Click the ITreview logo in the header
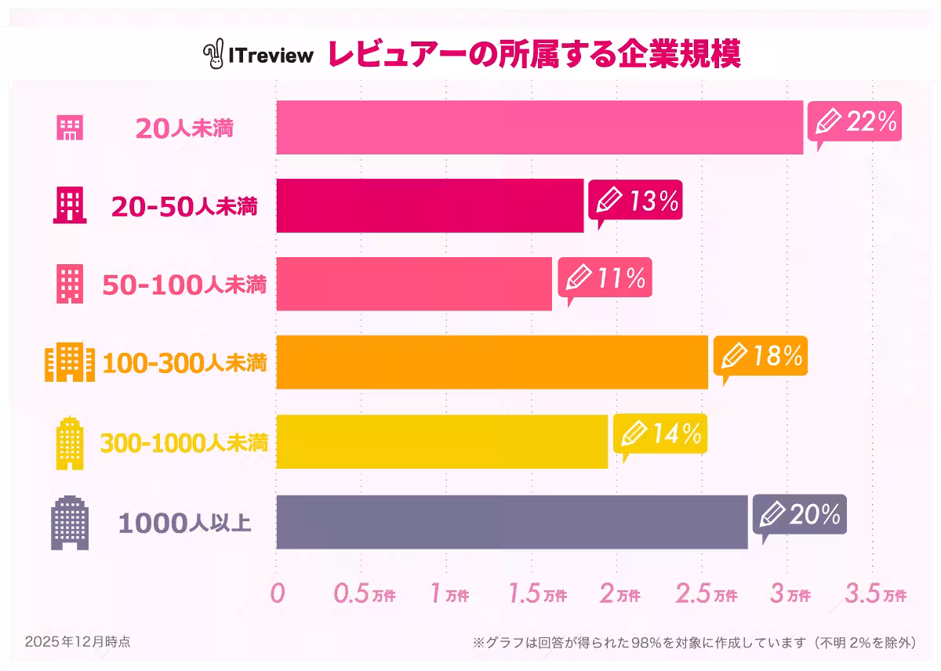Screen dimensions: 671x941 click(x=258, y=53)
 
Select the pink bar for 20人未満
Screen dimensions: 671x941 click(x=540, y=127)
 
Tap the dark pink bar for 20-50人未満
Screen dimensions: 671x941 click(x=430, y=205)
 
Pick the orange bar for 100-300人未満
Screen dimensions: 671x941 click(x=492, y=361)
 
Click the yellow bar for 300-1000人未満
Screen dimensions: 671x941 click(x=441, y=442)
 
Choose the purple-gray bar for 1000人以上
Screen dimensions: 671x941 click(x=511, y=522)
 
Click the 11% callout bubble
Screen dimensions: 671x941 click(x=605, y=277)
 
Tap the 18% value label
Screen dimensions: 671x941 click(x=777, y=356)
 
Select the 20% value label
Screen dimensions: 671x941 click(x=815, y=514)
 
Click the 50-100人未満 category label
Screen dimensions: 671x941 click(x=184, y=285)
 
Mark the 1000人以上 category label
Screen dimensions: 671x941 click(x=185, y=523)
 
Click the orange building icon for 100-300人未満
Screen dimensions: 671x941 click(x=70, y=363)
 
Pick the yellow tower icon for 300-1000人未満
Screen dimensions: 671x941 click(x=70, y=444)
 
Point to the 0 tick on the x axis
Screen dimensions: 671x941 click(x=276, y=593)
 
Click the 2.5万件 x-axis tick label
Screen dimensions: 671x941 click(x=706, y=594)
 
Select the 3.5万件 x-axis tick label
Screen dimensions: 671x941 click(x=875, y=594)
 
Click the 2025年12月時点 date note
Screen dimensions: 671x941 click(x=77, y=641)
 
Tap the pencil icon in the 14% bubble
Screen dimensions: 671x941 click(x=634, y=433)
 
